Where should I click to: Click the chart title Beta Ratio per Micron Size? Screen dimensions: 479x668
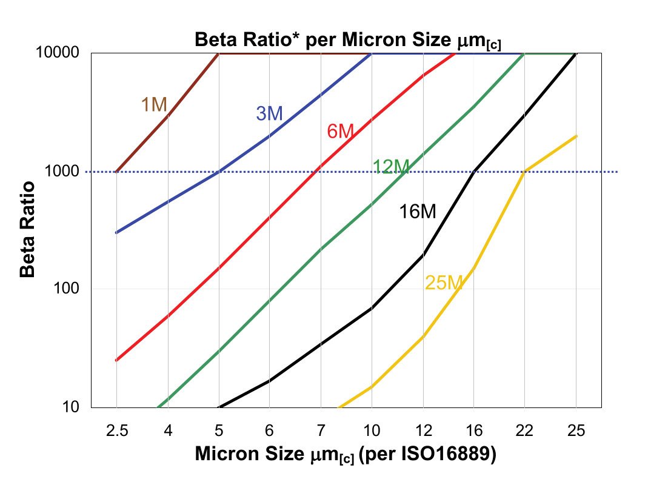347,41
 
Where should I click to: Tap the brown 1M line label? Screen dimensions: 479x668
153,105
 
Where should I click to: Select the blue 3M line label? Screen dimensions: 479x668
270,113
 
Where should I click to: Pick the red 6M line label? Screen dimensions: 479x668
340,131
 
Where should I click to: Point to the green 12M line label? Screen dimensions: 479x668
390,167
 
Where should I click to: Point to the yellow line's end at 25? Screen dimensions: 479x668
576,136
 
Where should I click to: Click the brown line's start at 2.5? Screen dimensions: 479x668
116,172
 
